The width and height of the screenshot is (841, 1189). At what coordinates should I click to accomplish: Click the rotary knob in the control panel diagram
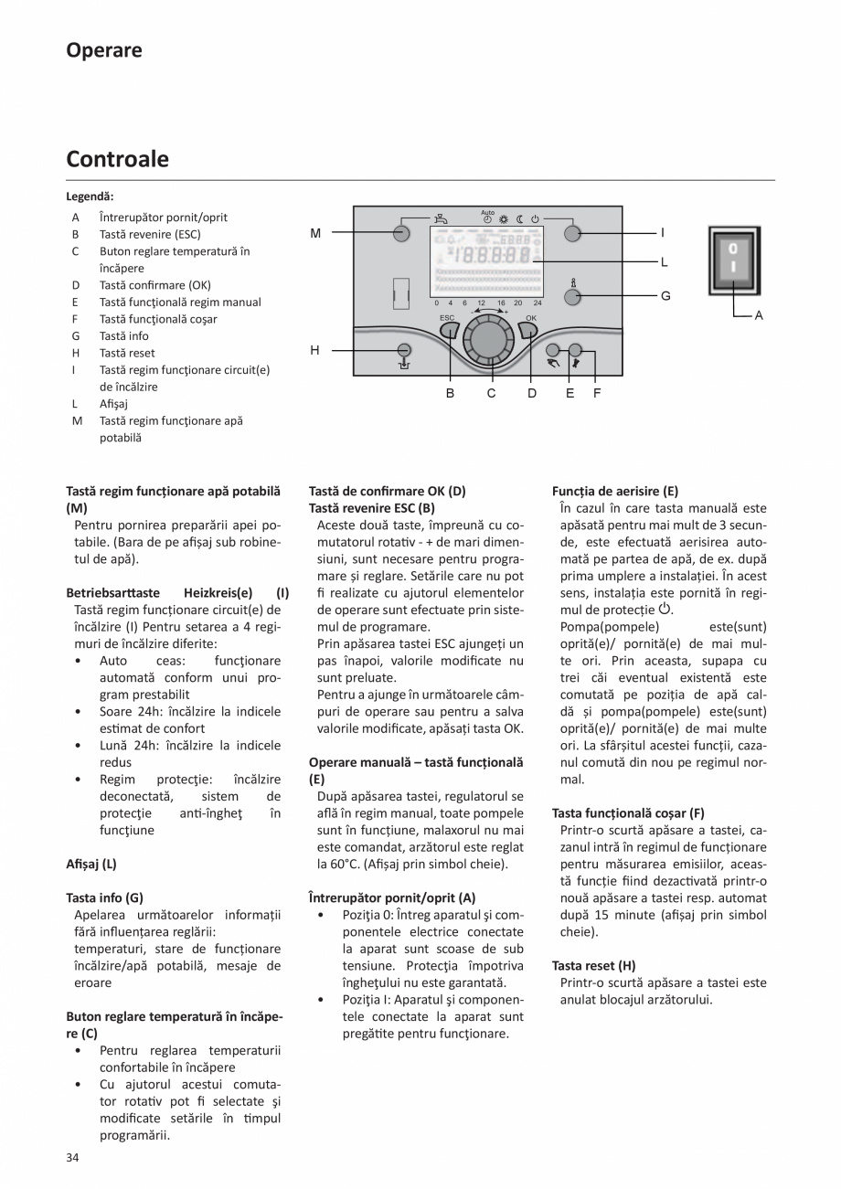click(x=490, y=340)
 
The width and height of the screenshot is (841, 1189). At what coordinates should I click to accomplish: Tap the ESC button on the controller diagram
click(x=448, y=329)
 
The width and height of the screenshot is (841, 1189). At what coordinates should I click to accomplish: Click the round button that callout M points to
click(x=401, y=233)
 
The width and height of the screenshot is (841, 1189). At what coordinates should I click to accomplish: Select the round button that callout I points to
click(x=572, y=233)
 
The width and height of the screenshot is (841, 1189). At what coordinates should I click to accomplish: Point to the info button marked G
click(x=573, y=296)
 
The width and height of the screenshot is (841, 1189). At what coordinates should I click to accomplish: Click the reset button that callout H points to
click(x=402, y=349)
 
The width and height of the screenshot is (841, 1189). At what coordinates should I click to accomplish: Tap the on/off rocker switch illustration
click(x=733, y=260)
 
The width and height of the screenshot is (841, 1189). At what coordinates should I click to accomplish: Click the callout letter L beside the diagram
click(x=664, y=262)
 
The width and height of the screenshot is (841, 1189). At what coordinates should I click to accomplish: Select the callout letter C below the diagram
click(x=491, y=393)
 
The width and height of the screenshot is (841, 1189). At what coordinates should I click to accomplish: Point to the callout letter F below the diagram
click(x=596, y=393)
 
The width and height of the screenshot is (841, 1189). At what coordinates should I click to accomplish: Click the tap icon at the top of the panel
click(x=442, y=218)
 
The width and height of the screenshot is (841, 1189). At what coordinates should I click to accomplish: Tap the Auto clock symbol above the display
click(x=487, y=218)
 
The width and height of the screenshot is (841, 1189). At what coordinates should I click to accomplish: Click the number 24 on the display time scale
click(x=537, y=303)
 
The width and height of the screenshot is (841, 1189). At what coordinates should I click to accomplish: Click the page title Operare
click(x=104, y=50)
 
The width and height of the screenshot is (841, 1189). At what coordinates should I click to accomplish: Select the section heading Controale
click(x=117, y=159)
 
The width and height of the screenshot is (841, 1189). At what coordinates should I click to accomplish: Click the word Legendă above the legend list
click(x=90, y=196)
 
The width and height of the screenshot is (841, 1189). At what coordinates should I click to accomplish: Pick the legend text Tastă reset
click(x=127, y=353)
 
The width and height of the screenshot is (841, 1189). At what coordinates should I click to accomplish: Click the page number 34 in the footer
click(x=73, y=1158)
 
